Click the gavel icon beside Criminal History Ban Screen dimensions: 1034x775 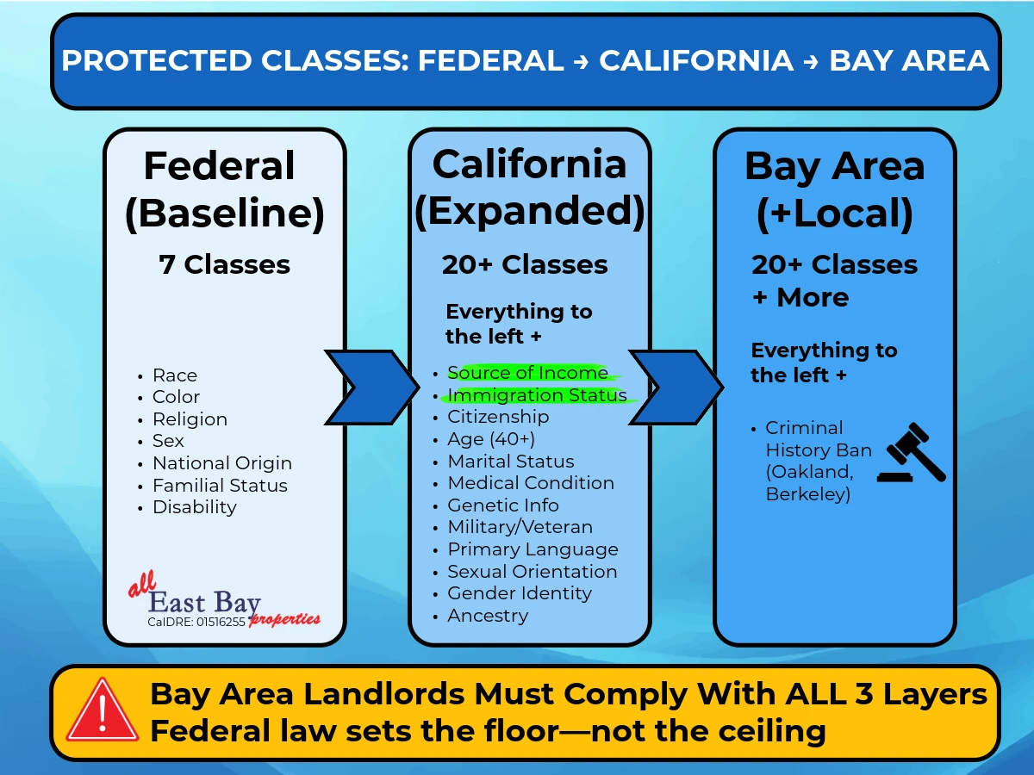pos(911,452)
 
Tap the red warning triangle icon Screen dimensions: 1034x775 pos(103,711)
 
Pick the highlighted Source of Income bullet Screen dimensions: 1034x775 pos(527,373)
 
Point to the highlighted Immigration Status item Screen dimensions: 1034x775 pos(537,395)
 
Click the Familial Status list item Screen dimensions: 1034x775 pos(220,485)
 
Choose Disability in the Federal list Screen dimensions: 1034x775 pos(195,507)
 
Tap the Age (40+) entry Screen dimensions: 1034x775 pos(491,439)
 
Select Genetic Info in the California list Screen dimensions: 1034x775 pos(503,505)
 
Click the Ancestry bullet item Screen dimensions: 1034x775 pos(488,616)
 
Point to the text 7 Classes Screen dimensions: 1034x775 pos(224,264)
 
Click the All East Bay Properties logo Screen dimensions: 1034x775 pos(224,600)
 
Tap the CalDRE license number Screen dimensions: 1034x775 pos(196,622)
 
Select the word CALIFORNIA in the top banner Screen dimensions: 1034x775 pos(696,60)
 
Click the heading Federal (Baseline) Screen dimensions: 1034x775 pos(225,189)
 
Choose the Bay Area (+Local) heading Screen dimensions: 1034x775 pos(834,190)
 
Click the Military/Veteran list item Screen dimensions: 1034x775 pos(520,527)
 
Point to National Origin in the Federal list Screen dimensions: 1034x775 pos(221,463)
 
